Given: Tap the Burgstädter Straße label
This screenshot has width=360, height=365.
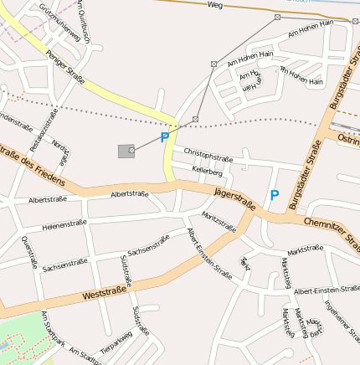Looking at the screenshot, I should click(305, 174).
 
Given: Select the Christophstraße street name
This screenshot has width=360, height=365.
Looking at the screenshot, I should click(208, 157).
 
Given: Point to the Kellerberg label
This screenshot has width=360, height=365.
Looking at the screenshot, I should click(207, 171).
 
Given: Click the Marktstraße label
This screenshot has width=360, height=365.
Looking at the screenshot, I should click(305, 249).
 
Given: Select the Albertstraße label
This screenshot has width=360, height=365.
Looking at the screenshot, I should click(130, 194).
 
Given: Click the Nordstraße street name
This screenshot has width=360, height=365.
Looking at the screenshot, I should click(60, 151).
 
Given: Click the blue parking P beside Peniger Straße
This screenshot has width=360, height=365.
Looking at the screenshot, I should click(165, 137).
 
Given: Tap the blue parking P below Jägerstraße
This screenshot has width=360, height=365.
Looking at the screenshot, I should click(274, 195).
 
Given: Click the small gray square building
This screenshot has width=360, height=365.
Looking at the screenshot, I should click(126, 151).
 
